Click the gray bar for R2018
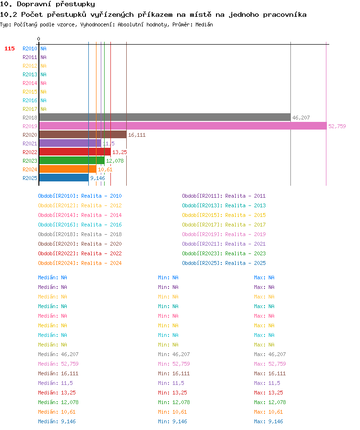point(165,118)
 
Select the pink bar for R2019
point(183,126)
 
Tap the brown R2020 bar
point(83,135)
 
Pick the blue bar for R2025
point(64,178)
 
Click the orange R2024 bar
point(68,169)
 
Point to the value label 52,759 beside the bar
point(337,126)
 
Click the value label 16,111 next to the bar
point(137,135)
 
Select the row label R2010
point(30,48)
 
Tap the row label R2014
point(30,83)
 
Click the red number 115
point(10,48)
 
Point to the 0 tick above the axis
point(38,39)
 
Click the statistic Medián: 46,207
point(58,354)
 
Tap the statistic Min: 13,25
point(172,393)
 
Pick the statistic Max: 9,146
point(268,421)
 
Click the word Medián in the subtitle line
point(204,24)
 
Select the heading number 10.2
point(9,14)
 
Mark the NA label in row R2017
point(43,109)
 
